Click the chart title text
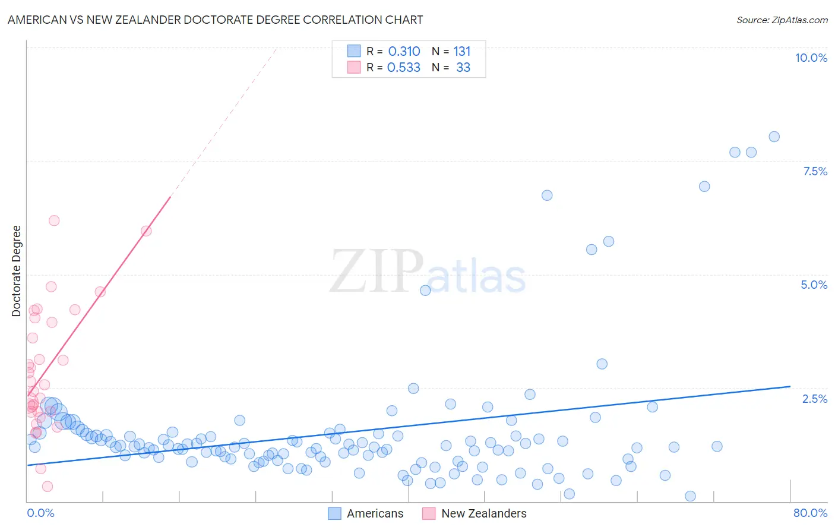click(x=215, y=20)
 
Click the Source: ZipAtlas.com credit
click(x=782, y=20)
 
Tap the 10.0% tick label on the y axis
click(x=811, y=58)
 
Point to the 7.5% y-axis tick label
click(x=815, y=171)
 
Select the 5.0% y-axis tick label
click(x=814, y=285)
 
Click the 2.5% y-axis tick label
click(x=814, y=399)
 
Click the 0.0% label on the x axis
click(x=40, y=513)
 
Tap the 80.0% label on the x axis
click(x=810, y=513)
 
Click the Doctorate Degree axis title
click(x=17, y=271)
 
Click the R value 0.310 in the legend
click(x=404, y=52)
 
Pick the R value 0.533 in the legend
click(x=404, y=68)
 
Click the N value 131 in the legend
click(x=462, y=52)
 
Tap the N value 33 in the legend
click(x=463, y=68)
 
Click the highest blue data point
click(x=774, y=137)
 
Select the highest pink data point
click(x=54, y=220)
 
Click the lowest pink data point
click(x=48, y=487)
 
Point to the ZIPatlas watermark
click(x=428, y=272)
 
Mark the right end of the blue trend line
click(x=790, y=386)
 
